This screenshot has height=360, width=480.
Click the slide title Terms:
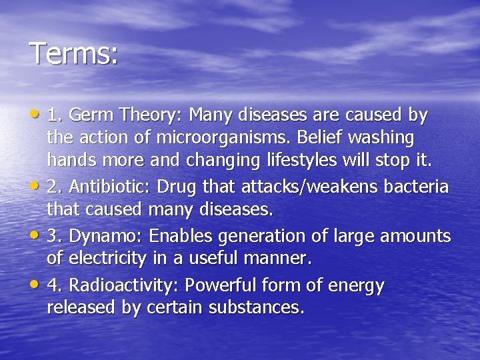(73, 53)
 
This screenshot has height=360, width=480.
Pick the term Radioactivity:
(124, 285)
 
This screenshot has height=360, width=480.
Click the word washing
(383, 138)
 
